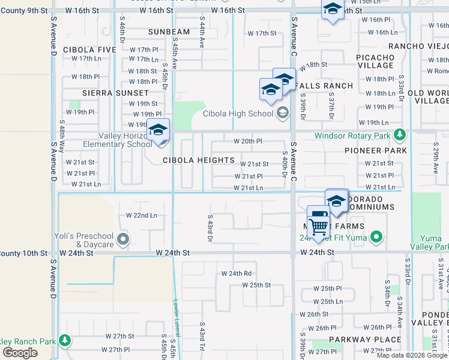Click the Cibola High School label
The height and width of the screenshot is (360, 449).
(x=238, y=114)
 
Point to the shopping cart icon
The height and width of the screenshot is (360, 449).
(x=318, y=226)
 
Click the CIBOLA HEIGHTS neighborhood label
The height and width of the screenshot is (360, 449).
(x=199, y=160)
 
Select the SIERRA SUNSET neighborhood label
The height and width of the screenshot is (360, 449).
(x=115, y=93)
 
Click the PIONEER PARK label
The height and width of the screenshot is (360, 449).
(x=376, y=151)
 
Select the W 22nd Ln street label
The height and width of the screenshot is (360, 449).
(x=142, y=215)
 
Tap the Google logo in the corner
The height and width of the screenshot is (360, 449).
(x=20, y=352)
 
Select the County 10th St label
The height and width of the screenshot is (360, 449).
(x=24, y=254)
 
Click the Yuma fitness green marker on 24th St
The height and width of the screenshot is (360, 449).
(x=376, y=237)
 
